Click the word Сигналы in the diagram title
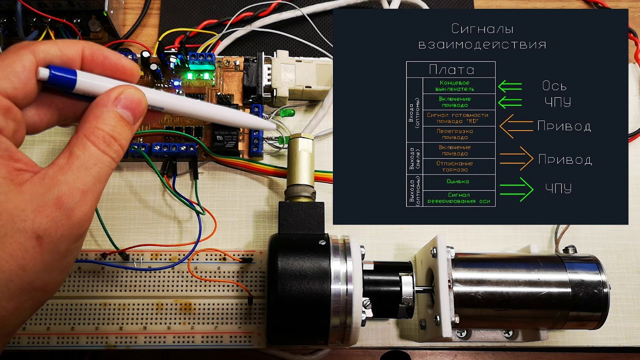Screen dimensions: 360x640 click(x=482, y=29)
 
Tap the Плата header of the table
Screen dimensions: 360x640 click(x=451, y=69)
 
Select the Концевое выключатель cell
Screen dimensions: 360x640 click(x=458, y=85)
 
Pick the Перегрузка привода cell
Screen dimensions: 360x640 click(x=458, y=134)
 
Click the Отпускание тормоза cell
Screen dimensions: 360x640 click(x=458, y=166)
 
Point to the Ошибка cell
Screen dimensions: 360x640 click(x=458, y=182)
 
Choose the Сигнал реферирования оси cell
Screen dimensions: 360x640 click(x=458, y=198)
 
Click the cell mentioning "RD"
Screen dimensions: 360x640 click(x=458, y=118)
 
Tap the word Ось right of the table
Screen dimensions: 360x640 click(x=554, y=86)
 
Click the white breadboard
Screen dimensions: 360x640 click(x=165, y=300)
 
